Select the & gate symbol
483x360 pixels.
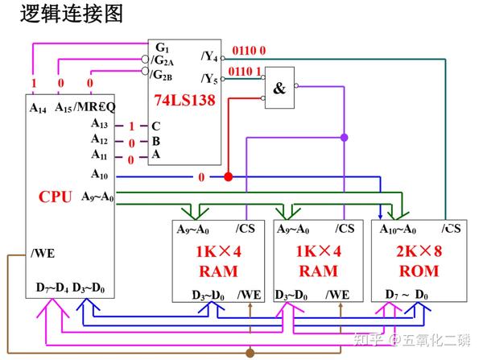click(x=279, y=89)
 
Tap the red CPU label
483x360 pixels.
click(x=56, y=197)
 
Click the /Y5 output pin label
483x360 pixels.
click(x=208, y=78)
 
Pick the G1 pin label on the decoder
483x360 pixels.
click(x=162, y=48)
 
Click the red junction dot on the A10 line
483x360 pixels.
click(x=228, y=176)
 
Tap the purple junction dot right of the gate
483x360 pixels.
click(x=345, y=138)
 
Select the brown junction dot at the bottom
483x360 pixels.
click(x=250, y=352)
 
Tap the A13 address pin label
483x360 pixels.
click(x=99, y=124)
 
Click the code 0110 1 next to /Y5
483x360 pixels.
click(x=246, y=72)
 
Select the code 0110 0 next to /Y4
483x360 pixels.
click(x=249, y=50)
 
